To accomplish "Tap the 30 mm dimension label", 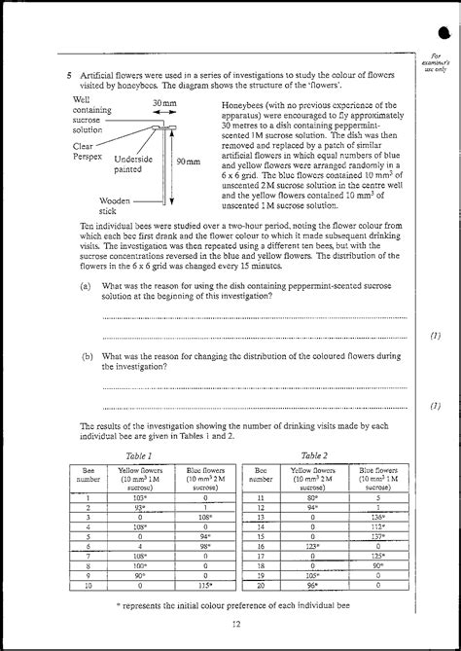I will point(163,103).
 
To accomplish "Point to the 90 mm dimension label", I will point(188,162).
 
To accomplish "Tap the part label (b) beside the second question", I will point(86,356).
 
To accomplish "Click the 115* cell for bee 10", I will point(205,586).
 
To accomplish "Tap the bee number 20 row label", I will point(261,586).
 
